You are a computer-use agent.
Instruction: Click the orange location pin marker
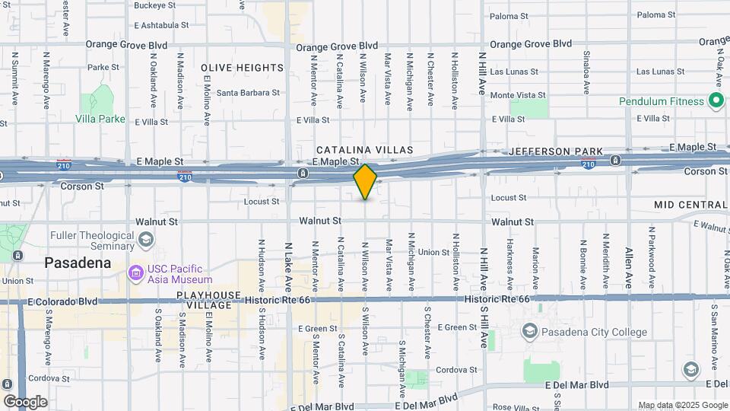point(365,181)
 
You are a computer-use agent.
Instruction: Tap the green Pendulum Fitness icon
point(715,100)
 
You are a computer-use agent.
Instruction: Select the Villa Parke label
point(100,119)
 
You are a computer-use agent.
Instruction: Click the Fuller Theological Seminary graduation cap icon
point(144,241)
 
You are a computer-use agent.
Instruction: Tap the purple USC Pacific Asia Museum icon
point(136,272)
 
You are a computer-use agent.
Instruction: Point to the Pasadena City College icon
point(529,332)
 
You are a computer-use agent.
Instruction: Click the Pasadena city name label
point(78,263)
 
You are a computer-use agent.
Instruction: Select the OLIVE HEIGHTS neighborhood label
point(243,68)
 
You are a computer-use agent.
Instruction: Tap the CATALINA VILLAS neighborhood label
point(364,150)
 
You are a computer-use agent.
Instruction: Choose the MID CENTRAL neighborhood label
point(690,205)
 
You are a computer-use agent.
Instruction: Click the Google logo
point(25,401)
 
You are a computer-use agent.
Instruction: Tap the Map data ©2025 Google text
point(682,405)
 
